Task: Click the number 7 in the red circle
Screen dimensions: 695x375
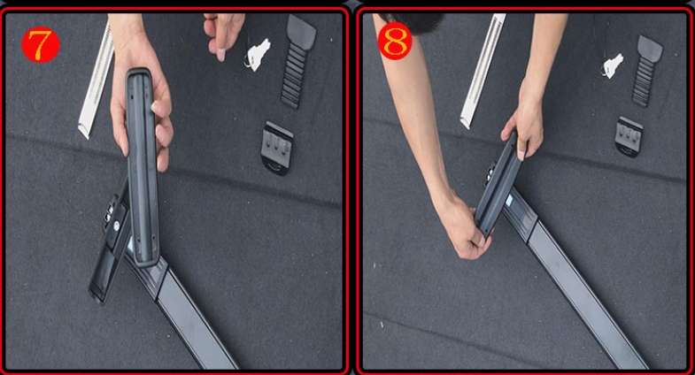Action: pyautogui.click(x=40, y=45)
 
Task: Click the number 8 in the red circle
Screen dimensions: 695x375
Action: pyautogui.click(x=395, y=42)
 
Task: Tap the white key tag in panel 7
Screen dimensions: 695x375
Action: pyautogui.click(x=259, y=55)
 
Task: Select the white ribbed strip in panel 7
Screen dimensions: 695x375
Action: pyautogui.click(x=97, y=79)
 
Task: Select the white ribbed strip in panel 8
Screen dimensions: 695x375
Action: pyautogui.click(x=483, y=71)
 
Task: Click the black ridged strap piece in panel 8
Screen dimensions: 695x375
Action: pyautogui.click(x=646, y=70)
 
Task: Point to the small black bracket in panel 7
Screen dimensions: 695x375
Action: pyautogui.click(x=277, y=147)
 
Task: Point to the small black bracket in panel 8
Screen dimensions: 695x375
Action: pyautogui.click(x=629, y=135)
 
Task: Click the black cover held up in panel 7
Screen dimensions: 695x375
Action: pyautogui.click(x=143, y=167)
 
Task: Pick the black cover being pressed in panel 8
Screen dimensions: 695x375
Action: pyautogui.click(x=498, y=187)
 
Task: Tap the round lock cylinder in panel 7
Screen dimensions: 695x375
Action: pyautogui.click(x=117, y=226)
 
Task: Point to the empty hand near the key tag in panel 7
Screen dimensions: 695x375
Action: pyautogui.click(x=224, y=34)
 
